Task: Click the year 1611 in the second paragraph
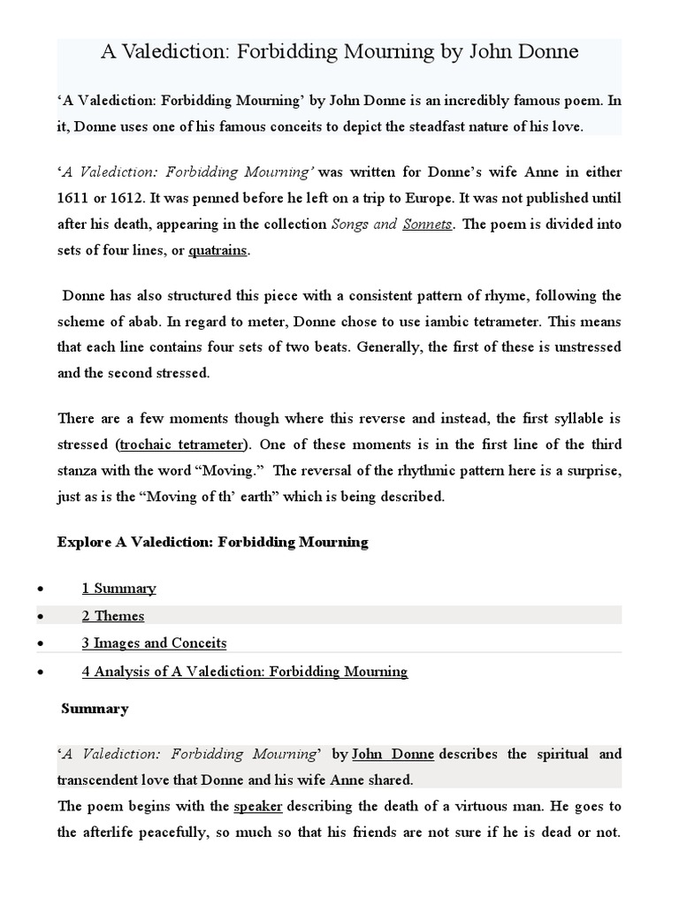pyautogui.click(x=73, y=197)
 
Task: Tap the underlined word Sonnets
pyautogui.click(x=427, y=224)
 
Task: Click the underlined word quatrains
pyautogui.click(x=217, y=251)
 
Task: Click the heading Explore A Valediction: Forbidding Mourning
pyautogui.click(x=212, y=542)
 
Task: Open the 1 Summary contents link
pyautogui.click(x=118, y=589)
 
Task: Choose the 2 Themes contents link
pyautogui.click(x=113, y=616)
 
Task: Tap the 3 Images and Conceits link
pyautogui.click(x=154, y=643)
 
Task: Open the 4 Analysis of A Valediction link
pyautogui.click(x=245, y=672)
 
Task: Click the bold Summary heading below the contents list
pyautogui.click(x=95, y=709)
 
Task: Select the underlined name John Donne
pyautogui.click(x=393, y=755)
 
